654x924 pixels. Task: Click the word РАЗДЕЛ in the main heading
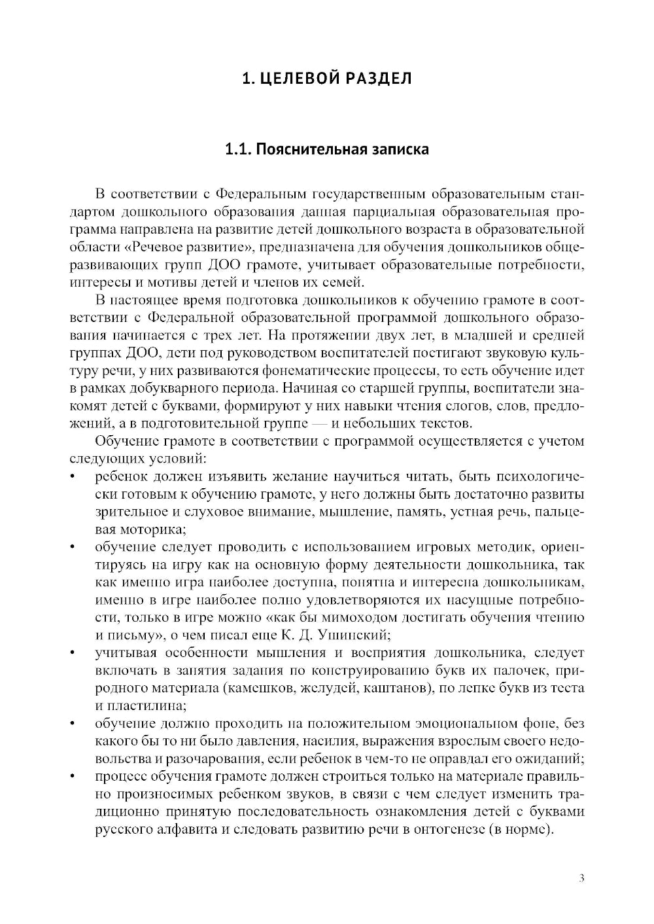click(x=375, y=79)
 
